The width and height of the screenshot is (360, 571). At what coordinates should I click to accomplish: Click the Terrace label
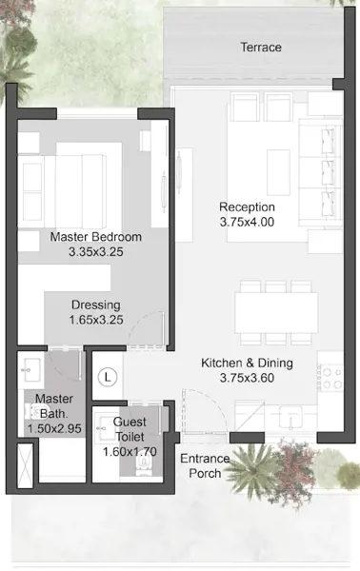(x=261, y=47)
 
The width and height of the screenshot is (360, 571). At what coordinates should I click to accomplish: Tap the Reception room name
(x=247, y=207)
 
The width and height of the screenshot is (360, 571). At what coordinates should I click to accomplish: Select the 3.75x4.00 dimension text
(x=247, y=222)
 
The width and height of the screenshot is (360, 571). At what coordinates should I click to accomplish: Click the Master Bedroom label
(x=96, y=237)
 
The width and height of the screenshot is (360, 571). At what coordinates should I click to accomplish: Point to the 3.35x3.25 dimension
(x=96, y=251)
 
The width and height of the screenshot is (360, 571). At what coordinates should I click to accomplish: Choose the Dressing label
(x=96, y=305)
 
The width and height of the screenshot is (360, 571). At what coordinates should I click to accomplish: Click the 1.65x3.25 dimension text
(x=96, y=320)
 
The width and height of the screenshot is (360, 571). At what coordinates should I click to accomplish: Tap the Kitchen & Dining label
(x=247, y=363)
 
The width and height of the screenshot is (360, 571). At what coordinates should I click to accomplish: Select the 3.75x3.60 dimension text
(x=247, y=378)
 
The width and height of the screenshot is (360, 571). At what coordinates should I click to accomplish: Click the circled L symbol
(x=108, y=377)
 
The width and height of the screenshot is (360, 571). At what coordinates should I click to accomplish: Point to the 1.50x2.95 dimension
(x=54, y=428)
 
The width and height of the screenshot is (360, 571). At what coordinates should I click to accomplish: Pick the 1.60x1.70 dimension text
(x=130, y=451)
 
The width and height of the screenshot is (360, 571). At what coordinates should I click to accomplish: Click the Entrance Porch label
(x=205, y=465)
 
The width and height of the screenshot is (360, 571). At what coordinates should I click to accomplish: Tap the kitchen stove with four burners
(x=330, y=378)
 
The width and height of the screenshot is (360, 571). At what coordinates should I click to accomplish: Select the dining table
(x=276, y=313)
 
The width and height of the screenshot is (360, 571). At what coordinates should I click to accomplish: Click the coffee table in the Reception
(x=278, y=172)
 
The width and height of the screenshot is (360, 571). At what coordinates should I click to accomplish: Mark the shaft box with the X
(x=25, y=464)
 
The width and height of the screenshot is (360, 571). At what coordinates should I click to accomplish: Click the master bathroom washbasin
(x=31, y=370)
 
